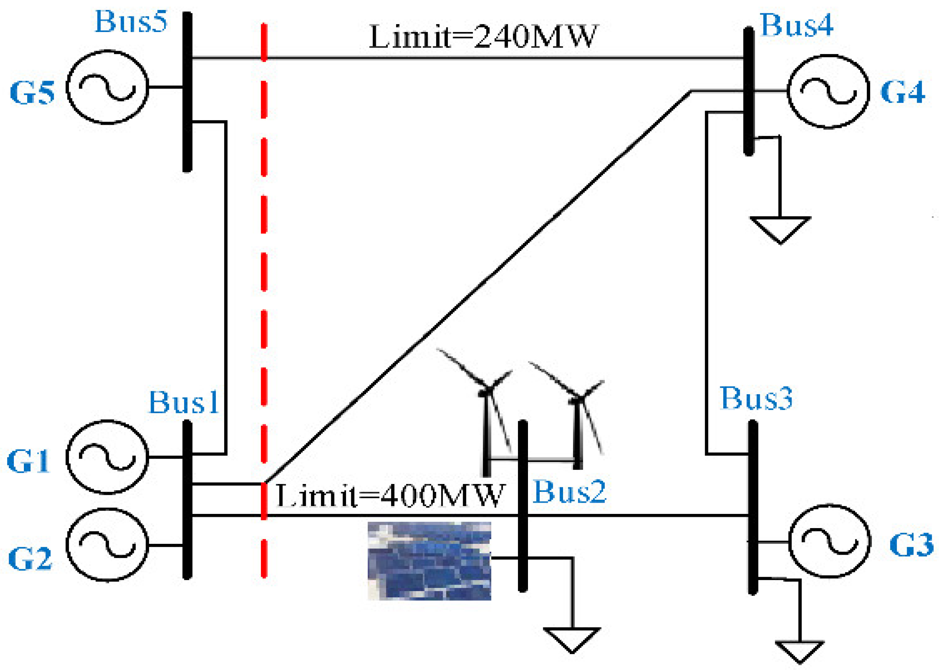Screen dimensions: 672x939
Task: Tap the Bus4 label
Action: (x=796, y=26)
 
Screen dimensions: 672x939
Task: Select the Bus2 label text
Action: (x=569, y=492)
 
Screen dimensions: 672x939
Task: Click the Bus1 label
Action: (x=184, y=403)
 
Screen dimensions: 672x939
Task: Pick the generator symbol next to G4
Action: (x=828, y=92)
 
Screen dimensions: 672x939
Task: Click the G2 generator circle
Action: (x=107, y=545)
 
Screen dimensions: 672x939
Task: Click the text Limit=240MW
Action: (x=482, y=37)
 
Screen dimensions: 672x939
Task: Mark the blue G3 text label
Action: (x=911, y=545)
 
